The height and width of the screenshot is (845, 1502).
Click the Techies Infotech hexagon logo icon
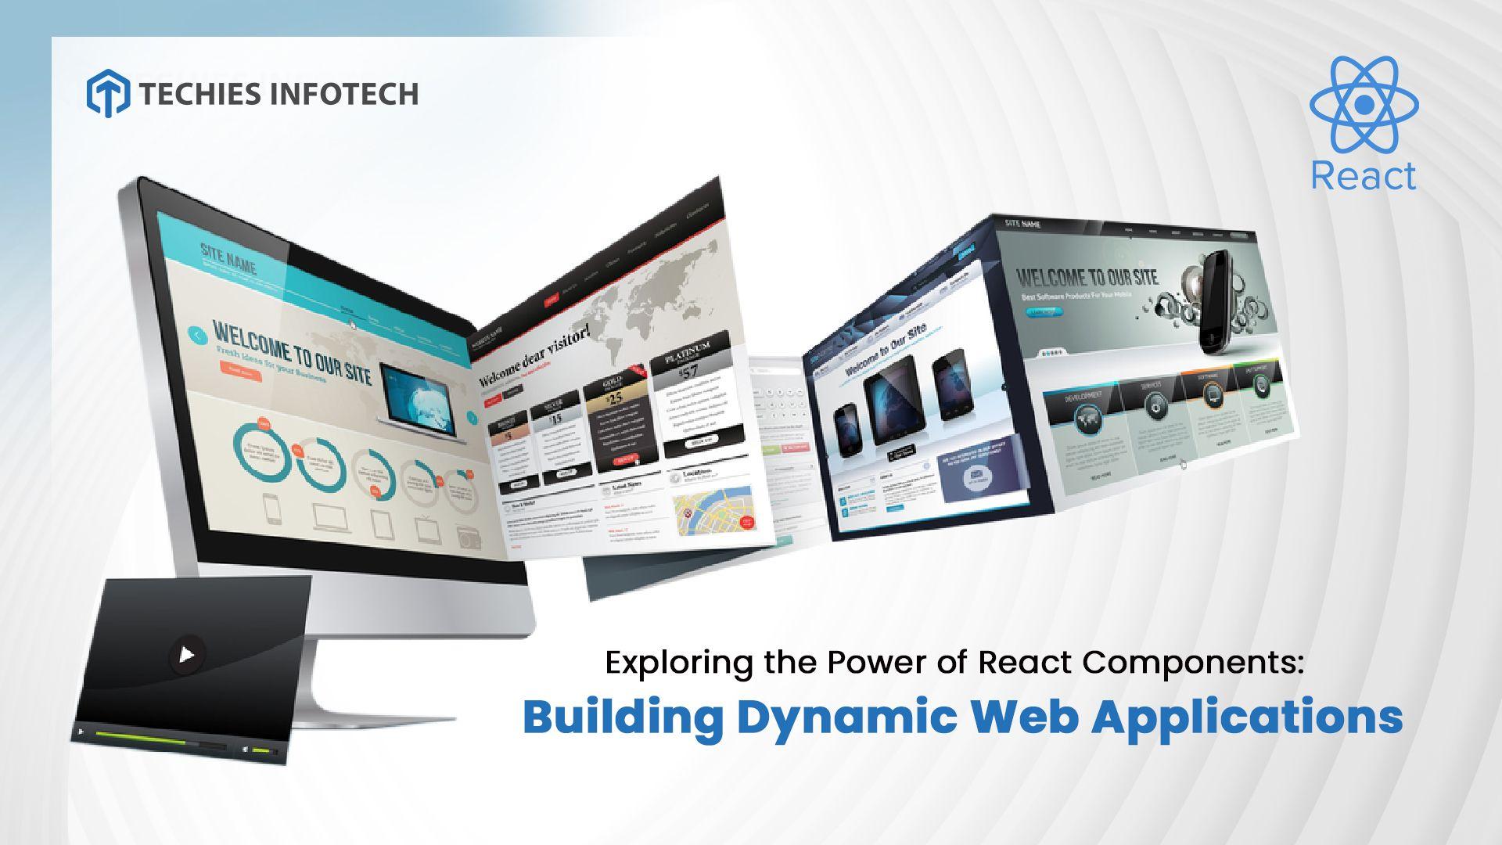pyautogui.click(x=107, y=92)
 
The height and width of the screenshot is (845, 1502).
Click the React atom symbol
pyautogui.click(x=1364, y=104)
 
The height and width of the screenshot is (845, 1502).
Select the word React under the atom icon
pyautogui.click(x=1364, y=176)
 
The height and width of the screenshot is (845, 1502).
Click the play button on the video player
pyautogui.click(x=186, y=653)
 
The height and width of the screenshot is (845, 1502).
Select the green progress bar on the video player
pyautogui.click(x=141, y=735)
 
